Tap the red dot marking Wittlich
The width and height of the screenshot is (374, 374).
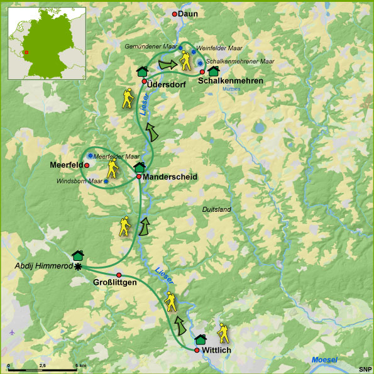tap(197, 350)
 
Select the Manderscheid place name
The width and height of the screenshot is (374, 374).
tap(170, 177)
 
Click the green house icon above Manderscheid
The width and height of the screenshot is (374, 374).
tap(140, 167)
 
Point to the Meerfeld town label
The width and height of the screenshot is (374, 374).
tap(66, 165)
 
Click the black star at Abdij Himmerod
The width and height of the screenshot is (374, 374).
tap(78, 267)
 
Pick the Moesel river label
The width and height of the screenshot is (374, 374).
tap(324, 359)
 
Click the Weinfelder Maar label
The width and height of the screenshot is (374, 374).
tap(219, 48)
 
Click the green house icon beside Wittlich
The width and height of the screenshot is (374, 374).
tap(201, 339)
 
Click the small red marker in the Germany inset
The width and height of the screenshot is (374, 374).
tap(26, 53)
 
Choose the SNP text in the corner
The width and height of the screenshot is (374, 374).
tap(365, 368)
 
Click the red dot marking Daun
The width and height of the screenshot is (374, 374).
tap(175, 14)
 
